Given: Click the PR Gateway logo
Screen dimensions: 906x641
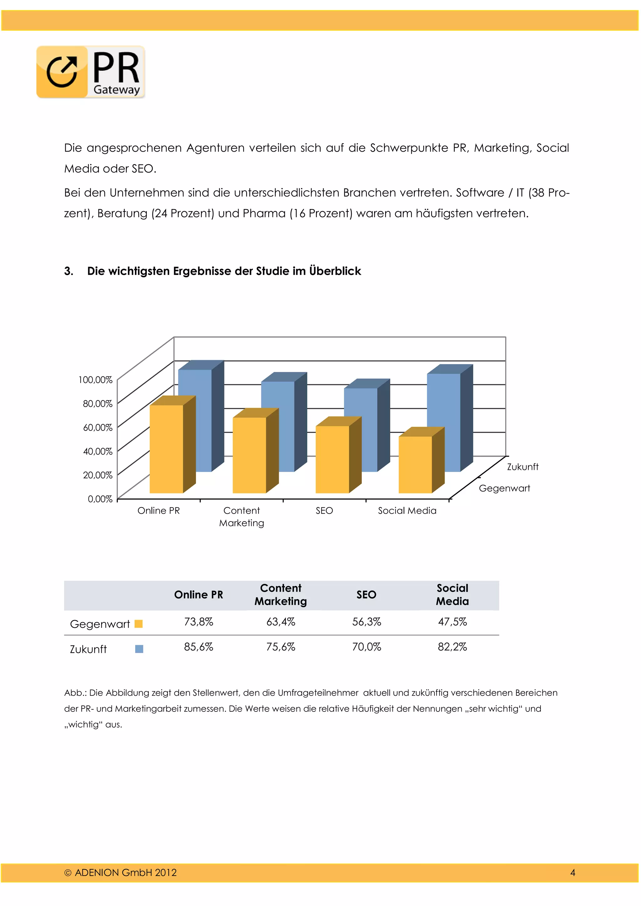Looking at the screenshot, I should click(91, 72).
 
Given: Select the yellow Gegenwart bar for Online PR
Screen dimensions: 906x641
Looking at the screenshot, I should click(166, 449).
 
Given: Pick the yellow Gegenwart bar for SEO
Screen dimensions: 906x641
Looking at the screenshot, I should click(332, 459).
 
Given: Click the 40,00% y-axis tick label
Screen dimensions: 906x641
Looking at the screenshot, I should click(97, 451).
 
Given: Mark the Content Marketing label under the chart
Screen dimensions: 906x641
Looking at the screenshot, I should click(242, 517).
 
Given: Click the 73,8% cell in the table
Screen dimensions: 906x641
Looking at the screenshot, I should click(198, 622).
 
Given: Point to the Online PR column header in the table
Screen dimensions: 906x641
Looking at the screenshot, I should click(198, 595).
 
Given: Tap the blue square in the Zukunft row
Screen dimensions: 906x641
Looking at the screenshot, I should click(139, 649).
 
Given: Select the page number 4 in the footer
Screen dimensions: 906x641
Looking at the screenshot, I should click(573, 873).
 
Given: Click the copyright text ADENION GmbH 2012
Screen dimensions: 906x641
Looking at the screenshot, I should click(121, 873).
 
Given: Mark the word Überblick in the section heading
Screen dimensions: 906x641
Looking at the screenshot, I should click(335, 271).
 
